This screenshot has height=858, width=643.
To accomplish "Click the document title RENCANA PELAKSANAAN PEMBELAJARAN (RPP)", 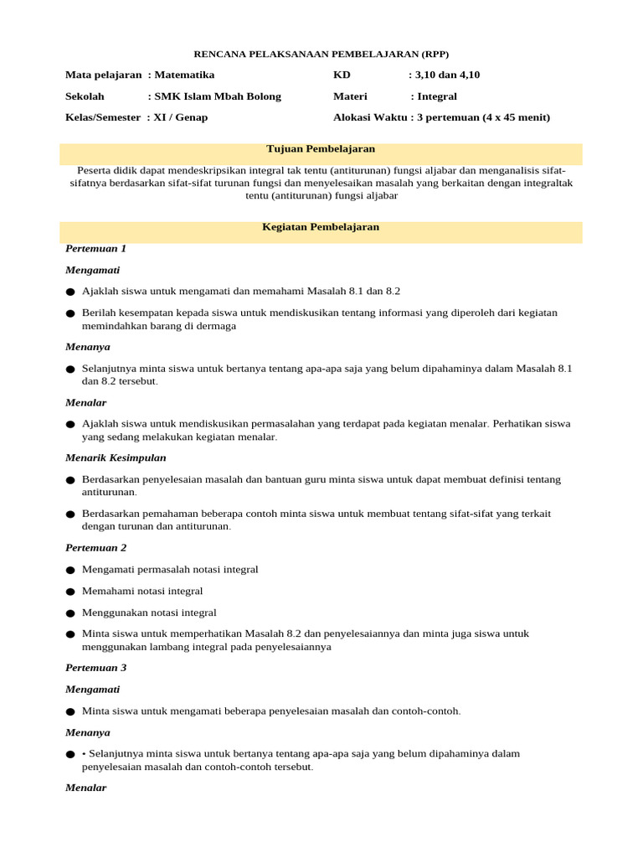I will pyautogui.click(x=321, y=54).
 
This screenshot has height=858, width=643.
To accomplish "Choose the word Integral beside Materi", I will pyautogui.click(x=437, y=96).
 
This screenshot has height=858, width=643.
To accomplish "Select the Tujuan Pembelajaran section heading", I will pyautogui.click(x=321, y=148).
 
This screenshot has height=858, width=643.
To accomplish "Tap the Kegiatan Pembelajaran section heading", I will pyautogui.click(x=321, y=227).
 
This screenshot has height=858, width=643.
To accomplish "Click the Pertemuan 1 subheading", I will pyautogui.click(x=95, y=249).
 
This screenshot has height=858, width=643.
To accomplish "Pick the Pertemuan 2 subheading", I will pyautogui.click(x=95, y=548).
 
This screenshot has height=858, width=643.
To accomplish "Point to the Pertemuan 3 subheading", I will pyautogui.click(x=95, y=668).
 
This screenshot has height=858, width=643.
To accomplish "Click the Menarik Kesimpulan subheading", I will pyautogui.click(x=116, y=458).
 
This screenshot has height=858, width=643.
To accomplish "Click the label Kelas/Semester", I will pyautogui.click(x=103, y=117).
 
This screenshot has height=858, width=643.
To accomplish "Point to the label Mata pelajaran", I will pyautogui.click(x=103, y=75).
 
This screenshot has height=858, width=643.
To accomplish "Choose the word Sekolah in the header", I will pyautogui.click(x=85, y=96).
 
